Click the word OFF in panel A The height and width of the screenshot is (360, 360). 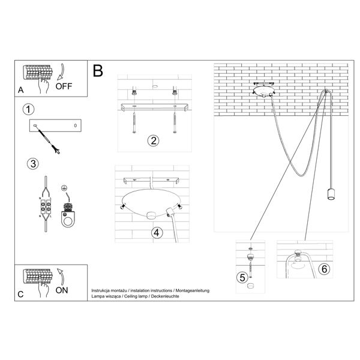[64, 86]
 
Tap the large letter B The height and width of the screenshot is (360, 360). [98, 70]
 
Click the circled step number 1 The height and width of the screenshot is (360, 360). [26, 110]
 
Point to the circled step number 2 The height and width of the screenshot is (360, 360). [153, 142]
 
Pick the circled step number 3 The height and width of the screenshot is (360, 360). [33, 163]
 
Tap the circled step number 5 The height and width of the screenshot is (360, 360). [241, 277]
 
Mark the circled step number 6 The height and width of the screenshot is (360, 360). [324, 269]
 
